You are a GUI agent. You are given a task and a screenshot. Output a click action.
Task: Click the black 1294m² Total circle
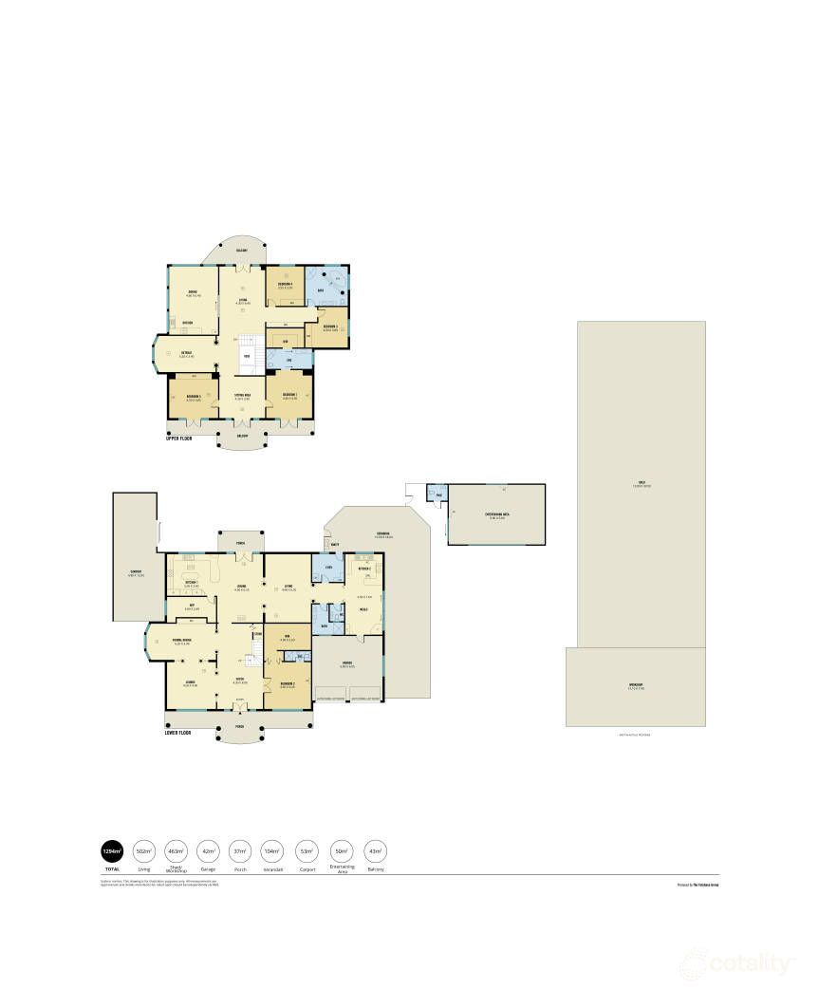tap(112, 850)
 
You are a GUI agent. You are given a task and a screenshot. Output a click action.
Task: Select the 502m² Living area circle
tap(144, 850)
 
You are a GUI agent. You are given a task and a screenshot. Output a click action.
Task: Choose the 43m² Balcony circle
tap(374, 850)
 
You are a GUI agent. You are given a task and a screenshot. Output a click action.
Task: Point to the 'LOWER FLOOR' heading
tap(180, 733)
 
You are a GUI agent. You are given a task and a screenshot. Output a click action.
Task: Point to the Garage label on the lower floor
tap(347, 663)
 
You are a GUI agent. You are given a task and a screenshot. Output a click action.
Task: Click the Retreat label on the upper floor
tap(187, 354)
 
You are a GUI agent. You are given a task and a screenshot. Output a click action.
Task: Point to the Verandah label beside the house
tap(383, 532)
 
